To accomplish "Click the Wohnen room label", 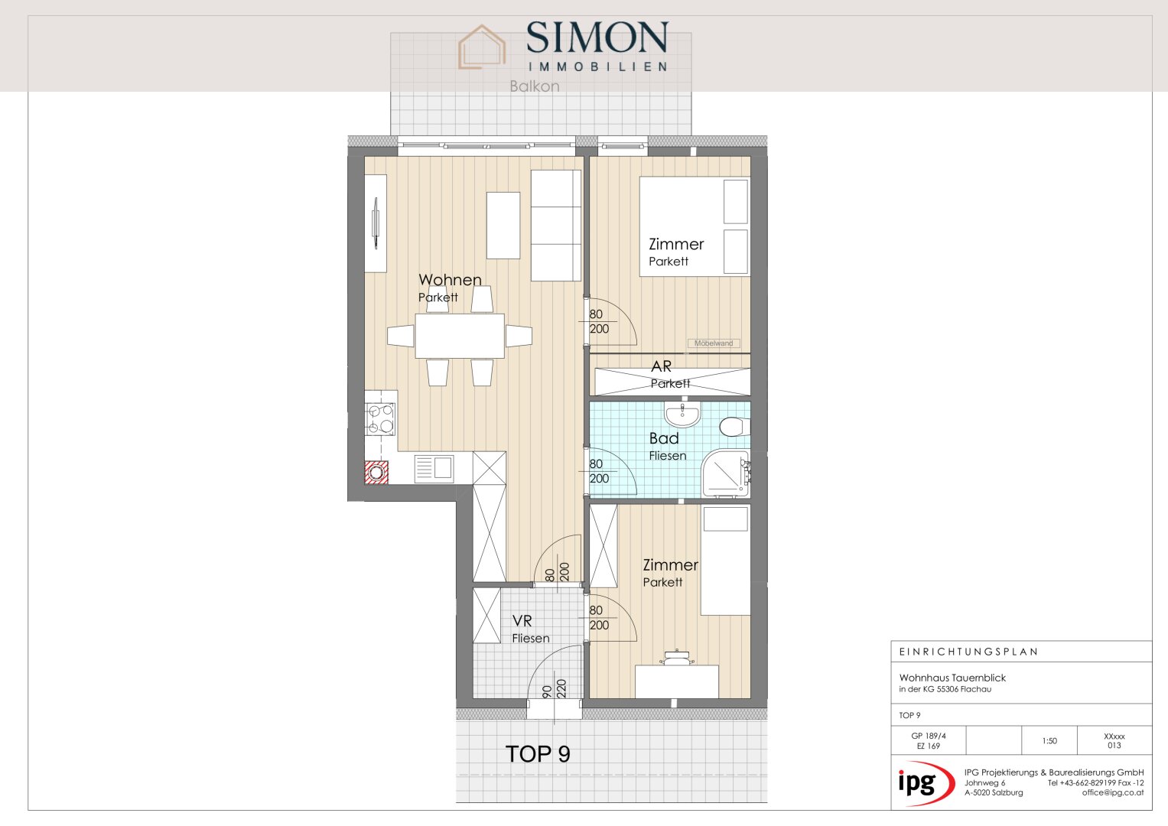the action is (x=450, y=280).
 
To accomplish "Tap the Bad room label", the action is (x=664, y=438).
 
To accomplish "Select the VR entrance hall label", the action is (x=522, y=621).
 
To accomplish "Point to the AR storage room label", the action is (x=661, y=366).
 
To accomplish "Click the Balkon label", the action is (x=535, y=86).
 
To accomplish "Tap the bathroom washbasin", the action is (x=682, y=415).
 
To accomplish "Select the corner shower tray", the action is (x=725, y=473).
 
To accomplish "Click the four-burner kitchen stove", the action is (x=380, y=420).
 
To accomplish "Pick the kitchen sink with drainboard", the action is (x=434, y=468).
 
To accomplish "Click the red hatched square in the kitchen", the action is (x=376, y=473).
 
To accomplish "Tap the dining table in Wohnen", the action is (x=460, y=336).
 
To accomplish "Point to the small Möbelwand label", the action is (x=714, y=343).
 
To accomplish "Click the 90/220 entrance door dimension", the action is (x=554, y=689).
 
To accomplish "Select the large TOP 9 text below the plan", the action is (x=538, y=754).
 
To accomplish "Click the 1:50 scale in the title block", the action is (x=1049, y=741).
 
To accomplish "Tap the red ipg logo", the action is (x=926, y=782).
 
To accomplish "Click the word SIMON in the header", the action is (x=597, y=37).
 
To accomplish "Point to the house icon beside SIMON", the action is (x=482, y=47).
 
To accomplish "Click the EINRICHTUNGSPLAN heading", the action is (x=969, y=652).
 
